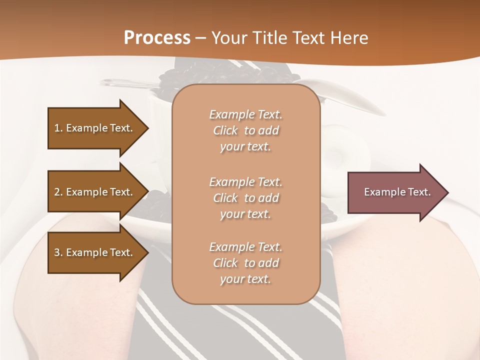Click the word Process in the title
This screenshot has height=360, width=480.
(157, 38)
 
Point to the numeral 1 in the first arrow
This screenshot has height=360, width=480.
(57, 128)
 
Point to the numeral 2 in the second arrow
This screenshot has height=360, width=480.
(57, 192)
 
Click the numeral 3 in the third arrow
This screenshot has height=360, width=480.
(57, 252)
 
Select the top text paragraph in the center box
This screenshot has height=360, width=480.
(245, 130)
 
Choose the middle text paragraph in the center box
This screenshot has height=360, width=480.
(245, 198)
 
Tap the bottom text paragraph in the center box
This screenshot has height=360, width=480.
(245, 263)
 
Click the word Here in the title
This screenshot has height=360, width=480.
(350, 38)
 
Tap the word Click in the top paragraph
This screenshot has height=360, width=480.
(225, 130)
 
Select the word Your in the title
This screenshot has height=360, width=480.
(227, 38)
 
